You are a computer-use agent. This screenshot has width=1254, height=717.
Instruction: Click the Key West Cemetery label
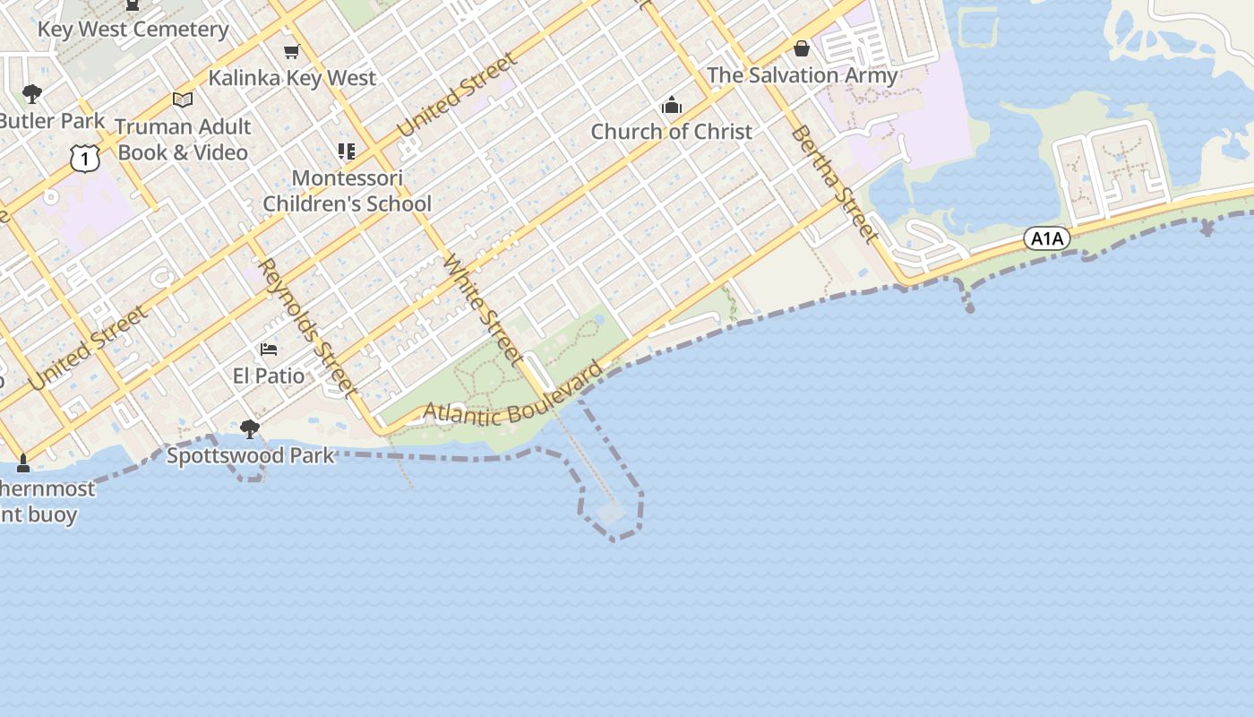pyautogui.click(x=133, y=29)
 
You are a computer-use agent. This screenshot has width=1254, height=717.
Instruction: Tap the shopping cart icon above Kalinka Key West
pyautogui.click(x=291, y=52)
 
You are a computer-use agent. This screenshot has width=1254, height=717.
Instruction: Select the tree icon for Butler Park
pyautogui.click(x=32, y=93)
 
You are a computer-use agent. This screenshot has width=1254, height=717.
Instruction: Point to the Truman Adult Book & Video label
pyautogui.click(x=183, y=140)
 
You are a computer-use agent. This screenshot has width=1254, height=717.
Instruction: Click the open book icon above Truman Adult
pyautogui.click(x=183, y=99)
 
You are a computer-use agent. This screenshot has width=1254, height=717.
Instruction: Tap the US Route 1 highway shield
pyautogui.click(x=83, y=159)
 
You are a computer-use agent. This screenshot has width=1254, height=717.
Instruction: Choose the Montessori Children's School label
pyautogui.click(x=347, y=191)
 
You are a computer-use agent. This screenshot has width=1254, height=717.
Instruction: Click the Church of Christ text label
pyautogui.click(x=671, y=132)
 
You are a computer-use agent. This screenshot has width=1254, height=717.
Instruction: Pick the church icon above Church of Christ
pyautogui.click(x=671, y=106)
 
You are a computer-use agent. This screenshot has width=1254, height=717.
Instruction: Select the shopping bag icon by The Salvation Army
pyautogui.click(x=802, y=48)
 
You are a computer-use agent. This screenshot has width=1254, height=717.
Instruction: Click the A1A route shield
pyautogui.click(x=1046, y=238)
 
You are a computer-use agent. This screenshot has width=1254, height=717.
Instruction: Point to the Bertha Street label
pyautogui.click(x=833, y=184)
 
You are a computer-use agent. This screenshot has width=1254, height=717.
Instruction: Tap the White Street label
pyautogui.click(x=484, y=311)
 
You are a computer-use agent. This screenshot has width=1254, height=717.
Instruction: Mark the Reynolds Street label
pyautogui.click(x=307, y=327)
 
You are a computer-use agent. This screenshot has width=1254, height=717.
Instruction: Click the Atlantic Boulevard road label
pyautogui.click(x=512, y=400)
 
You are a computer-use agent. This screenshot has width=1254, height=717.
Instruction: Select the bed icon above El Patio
pyautogui.click(x=269, y=349)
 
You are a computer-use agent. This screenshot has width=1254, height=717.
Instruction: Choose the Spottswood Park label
pyautogui.click(x=251, y=455)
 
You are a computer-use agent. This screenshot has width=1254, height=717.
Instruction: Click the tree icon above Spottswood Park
pyautogui.click(x=250, y=429)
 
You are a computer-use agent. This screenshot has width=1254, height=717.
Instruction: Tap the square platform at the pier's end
pyautogui.click(x=612, y=514)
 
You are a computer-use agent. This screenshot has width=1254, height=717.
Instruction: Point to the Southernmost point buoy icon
pyautogui.click(x=23, y=462)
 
